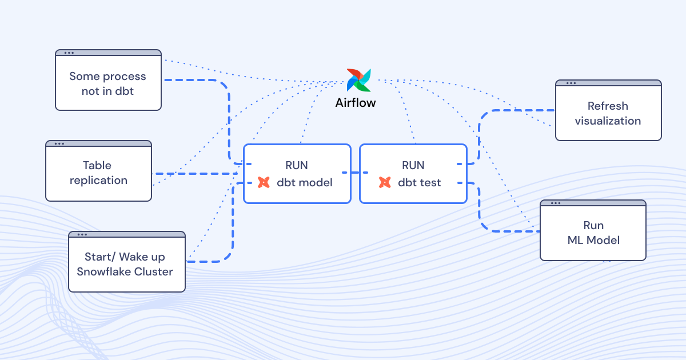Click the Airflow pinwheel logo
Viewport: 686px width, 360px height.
pyautogui.click(x=359, y=80)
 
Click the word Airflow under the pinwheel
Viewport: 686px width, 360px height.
pyautogui.click(x=356, y=103)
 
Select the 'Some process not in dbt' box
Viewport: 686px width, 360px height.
pyautogui.click(x=108, y=83)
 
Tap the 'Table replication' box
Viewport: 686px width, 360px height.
pyautogui.click(x=98, y=173)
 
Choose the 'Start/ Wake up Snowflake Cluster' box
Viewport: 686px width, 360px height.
pyautogui.click(x=127, y=264)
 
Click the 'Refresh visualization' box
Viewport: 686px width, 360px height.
pyautogui.click(x=608, y=113)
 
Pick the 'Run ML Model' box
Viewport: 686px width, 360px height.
pyautogui.click(x=593, y=233)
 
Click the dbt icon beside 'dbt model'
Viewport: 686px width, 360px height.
pyautogui.click(x=264, y=183)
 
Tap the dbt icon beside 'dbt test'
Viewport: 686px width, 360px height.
pyautogui.click(x=385, y=183)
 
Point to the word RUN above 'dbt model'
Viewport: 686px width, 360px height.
pyautogui.click(x=297, y=166)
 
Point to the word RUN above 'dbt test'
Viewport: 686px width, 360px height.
pyautogui.click(x=413, y=166)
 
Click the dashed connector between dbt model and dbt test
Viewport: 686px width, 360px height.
pyautogui.click(x=355, y=172)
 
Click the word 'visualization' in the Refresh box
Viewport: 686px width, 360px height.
pyautogui.click(x=608, y=121)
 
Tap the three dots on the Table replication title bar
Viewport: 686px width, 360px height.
pyautogui.click(x=59, y=143)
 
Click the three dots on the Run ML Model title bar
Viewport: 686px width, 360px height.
pyautogui.click(x=553, y=203)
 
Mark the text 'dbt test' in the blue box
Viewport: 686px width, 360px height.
pyautogui.click(x=419, y=183)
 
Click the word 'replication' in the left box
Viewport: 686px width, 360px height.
pyautogui.click(x=98, y=181)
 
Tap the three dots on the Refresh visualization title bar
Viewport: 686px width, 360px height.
pyautogui.click(x=570, y=83)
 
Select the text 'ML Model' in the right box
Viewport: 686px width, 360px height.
pyautogui.click(x=593, y=241)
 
